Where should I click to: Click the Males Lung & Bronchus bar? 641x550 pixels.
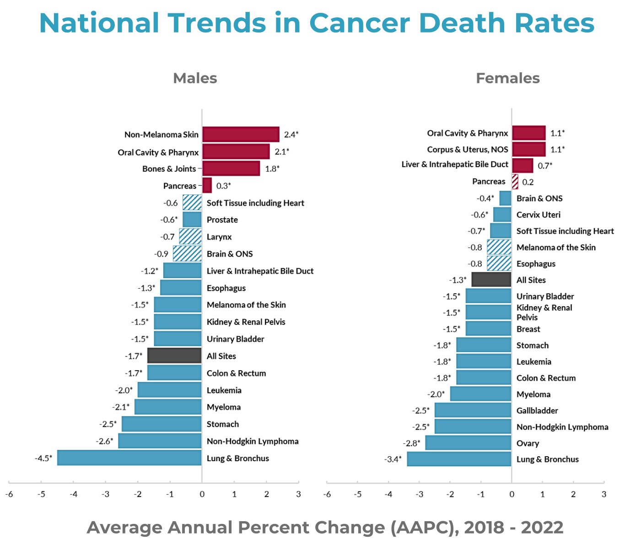coord(129,458)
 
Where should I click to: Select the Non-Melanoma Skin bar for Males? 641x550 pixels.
coord(241,135)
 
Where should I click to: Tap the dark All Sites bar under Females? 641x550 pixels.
coord(491,280)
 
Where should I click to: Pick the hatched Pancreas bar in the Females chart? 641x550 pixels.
coord(515,182)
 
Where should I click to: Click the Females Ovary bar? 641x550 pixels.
coord(468,443)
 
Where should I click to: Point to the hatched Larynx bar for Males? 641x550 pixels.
coord(190,237)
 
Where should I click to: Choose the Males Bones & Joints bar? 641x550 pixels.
coord(231,168)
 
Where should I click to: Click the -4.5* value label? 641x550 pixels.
coord(43,458)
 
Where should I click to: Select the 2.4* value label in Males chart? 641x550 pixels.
coord(291,135)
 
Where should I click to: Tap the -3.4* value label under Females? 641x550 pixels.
coord(393,459)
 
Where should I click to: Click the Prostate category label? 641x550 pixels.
coord(222,220)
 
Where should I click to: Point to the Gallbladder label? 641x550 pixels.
coord(537,410)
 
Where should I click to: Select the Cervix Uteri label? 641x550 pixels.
coord(538,215)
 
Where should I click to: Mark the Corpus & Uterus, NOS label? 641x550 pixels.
coord(468,150)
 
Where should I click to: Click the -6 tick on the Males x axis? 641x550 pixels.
coord(9,494)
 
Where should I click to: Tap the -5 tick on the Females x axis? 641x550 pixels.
coord(358,494)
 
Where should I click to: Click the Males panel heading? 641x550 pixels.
coord(195,78)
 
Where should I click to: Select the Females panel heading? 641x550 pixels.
coord(508,78)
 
